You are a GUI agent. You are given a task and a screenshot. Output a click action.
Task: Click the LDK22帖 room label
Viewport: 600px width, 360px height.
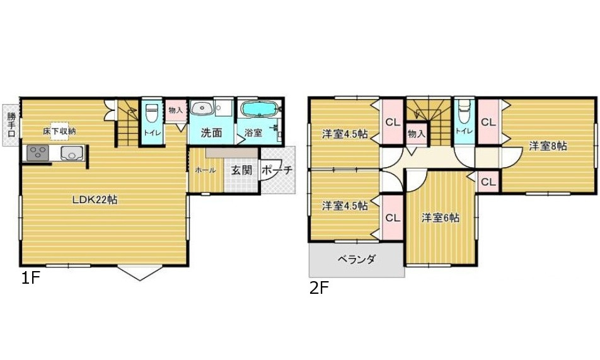pos(95,200)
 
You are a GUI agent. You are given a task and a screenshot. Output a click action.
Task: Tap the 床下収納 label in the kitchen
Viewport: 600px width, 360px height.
pos(60,131)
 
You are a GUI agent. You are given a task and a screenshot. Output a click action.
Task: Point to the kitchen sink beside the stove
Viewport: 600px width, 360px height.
pos(71,153)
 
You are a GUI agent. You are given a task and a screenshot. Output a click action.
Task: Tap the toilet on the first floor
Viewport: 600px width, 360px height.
pos(151,113)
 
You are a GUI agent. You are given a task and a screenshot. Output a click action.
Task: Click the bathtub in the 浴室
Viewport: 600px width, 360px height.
pos(260,110)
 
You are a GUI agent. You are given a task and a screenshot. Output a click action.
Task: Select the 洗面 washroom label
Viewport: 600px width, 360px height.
pos(212,133)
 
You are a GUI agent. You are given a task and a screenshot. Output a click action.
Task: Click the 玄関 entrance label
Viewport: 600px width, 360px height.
pos(241,170)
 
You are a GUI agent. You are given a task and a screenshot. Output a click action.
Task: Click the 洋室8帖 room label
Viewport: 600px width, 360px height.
pos(547,146)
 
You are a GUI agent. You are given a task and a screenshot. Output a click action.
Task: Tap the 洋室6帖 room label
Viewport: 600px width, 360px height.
pos(440,218)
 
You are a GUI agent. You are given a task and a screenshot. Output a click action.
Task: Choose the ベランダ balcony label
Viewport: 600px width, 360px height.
pos(357,259)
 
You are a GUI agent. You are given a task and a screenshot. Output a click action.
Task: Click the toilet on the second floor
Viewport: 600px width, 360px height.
pos(464,113)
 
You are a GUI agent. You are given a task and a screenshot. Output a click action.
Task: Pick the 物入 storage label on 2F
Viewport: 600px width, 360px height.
pos(416,134)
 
